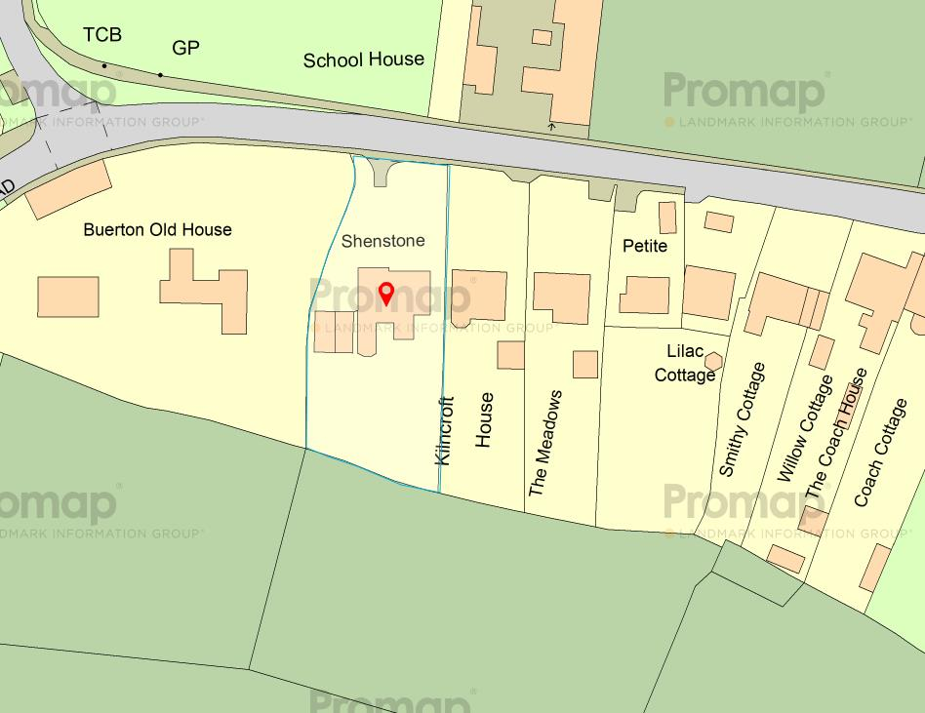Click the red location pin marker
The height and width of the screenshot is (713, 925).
pos(385,293)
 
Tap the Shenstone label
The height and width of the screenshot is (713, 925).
pos(383,240)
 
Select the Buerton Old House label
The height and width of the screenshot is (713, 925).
pos(157,230)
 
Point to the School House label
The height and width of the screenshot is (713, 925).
pos(363,59)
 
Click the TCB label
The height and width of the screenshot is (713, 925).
pos(102,36)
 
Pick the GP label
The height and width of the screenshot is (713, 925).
pos(185,47)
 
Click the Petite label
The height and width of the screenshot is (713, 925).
pos(645,246)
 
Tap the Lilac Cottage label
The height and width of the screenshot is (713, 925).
pos(684,363)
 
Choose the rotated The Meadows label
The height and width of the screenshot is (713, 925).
pos(545,443)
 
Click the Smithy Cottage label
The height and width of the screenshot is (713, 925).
pos(743,419)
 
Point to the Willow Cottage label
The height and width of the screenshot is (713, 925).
pos(805,428)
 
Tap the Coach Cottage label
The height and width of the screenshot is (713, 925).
pos(880,453)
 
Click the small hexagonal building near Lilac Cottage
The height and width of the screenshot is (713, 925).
pos(713,360)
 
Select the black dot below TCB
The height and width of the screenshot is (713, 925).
pos(103,66)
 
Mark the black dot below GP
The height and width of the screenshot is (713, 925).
pos(160,75)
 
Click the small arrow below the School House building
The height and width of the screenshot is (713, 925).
pos(551,126)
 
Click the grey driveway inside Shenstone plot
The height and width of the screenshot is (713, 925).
pos(381,173)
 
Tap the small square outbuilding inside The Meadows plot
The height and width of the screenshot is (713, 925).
pos(584,364)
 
